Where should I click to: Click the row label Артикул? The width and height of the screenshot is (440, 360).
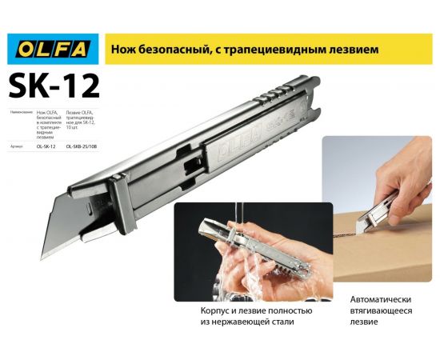click(x=19, y=146)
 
